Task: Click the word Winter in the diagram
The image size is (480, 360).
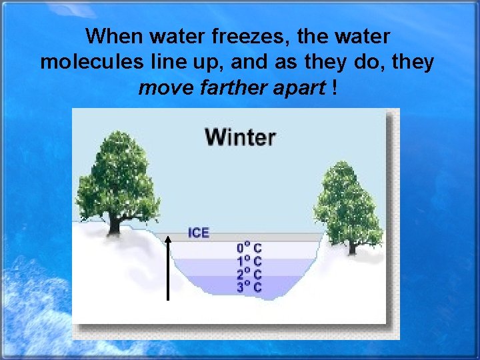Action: [240, 137]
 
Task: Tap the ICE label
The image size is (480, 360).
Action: [199, 233]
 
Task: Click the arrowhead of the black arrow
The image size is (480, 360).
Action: [169, 238]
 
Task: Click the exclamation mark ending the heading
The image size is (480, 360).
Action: [332, 88]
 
